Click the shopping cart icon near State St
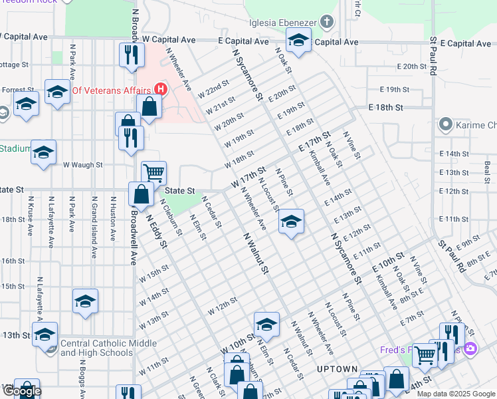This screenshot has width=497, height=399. (x=153, y=173)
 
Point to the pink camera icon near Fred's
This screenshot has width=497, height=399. (x=471, y=348)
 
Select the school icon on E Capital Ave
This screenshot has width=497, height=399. (x=299, y=41)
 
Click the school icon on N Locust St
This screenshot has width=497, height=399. (x=290, y=222)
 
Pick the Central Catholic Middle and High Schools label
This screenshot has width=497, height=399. (x=108, y=348)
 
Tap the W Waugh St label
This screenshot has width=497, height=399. (x=82, y=164)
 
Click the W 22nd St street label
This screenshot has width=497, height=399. (x=213, y=92)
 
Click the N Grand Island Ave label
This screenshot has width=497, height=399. (x=94, y=227)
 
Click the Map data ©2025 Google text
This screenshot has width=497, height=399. (x=455, y=394)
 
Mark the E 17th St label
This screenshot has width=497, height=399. (x=314, y=141)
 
